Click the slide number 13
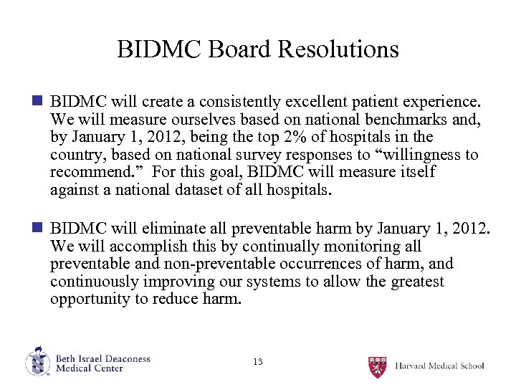coord(258,362)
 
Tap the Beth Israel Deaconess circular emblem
coord(37,362)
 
